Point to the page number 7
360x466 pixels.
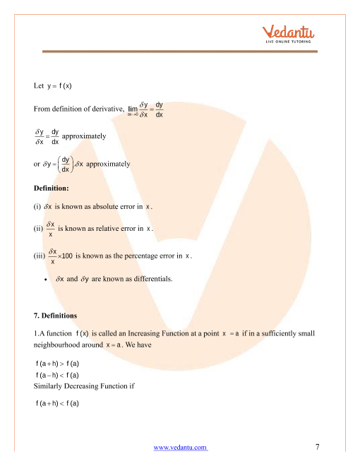click(318, 446)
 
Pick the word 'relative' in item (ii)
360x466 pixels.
click(107, 229)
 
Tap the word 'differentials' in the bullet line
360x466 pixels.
click(149, 279)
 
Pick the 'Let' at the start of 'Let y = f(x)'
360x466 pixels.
click(39, 86)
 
